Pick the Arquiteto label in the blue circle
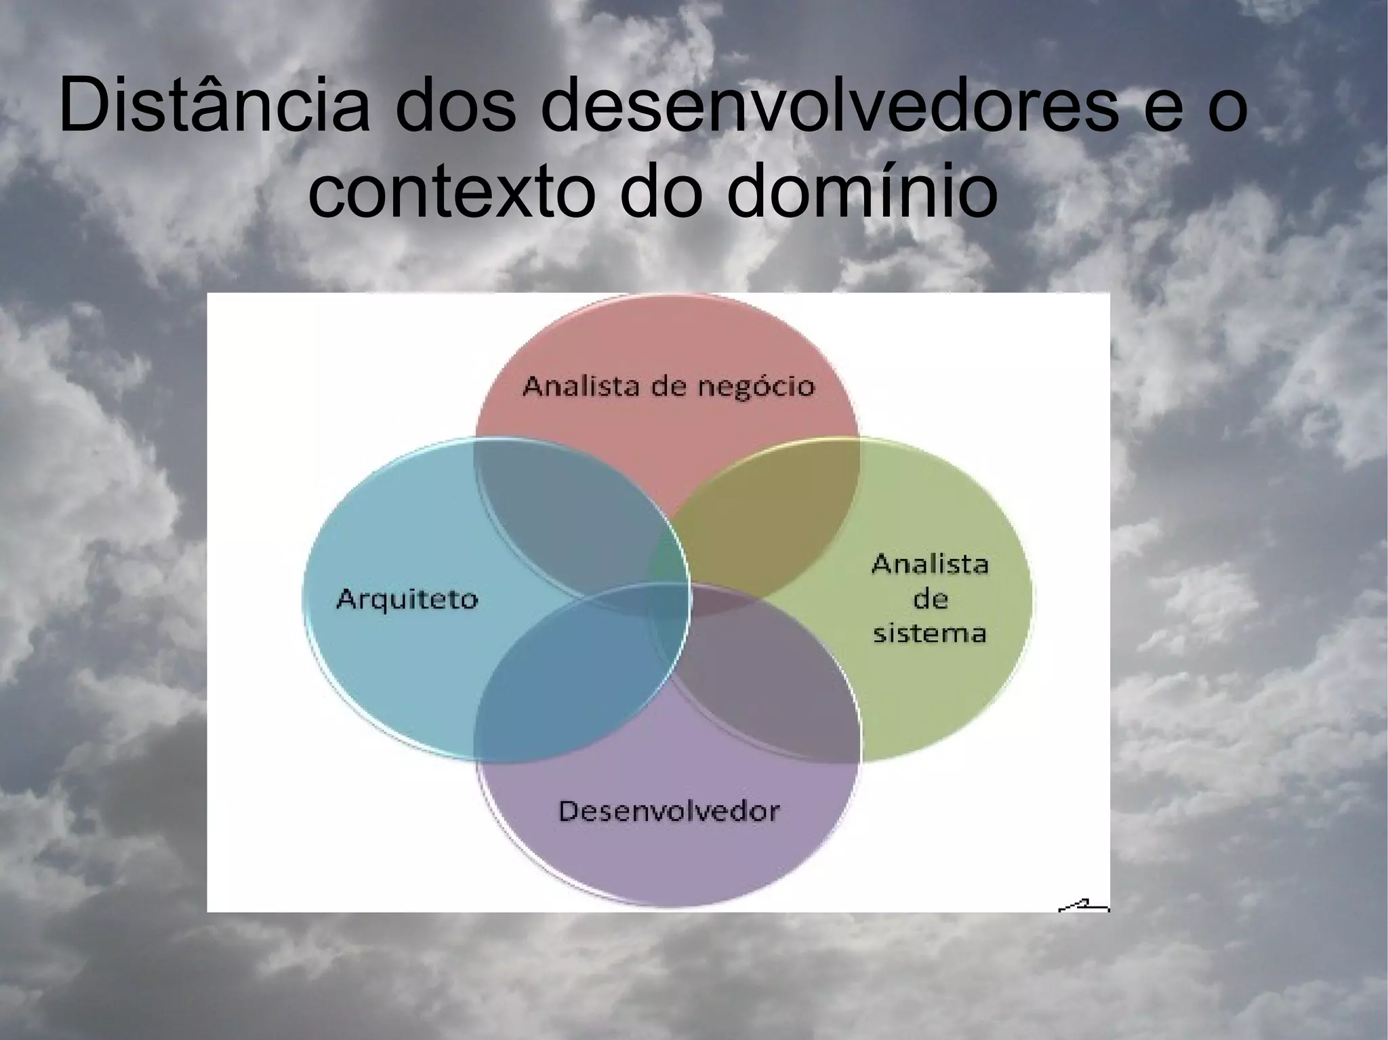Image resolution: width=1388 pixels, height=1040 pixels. (407, 600)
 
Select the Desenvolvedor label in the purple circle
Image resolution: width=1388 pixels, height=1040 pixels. (669, 810)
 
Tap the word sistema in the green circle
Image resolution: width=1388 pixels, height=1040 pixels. (929, 633)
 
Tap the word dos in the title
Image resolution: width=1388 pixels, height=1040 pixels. (457, 107)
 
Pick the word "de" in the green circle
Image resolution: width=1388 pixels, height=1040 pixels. (930, 599)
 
